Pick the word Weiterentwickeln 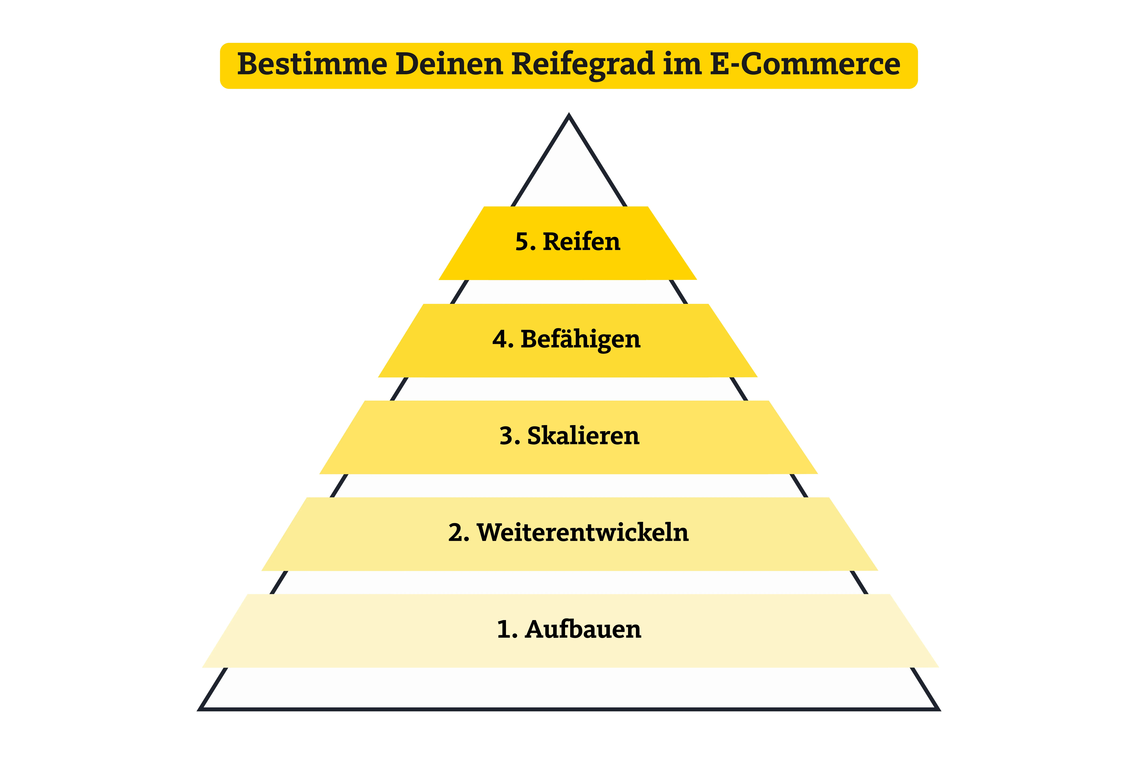[x=583, y=533]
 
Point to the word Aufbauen [x=583, y=629]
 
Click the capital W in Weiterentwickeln [x=491, y=533]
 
